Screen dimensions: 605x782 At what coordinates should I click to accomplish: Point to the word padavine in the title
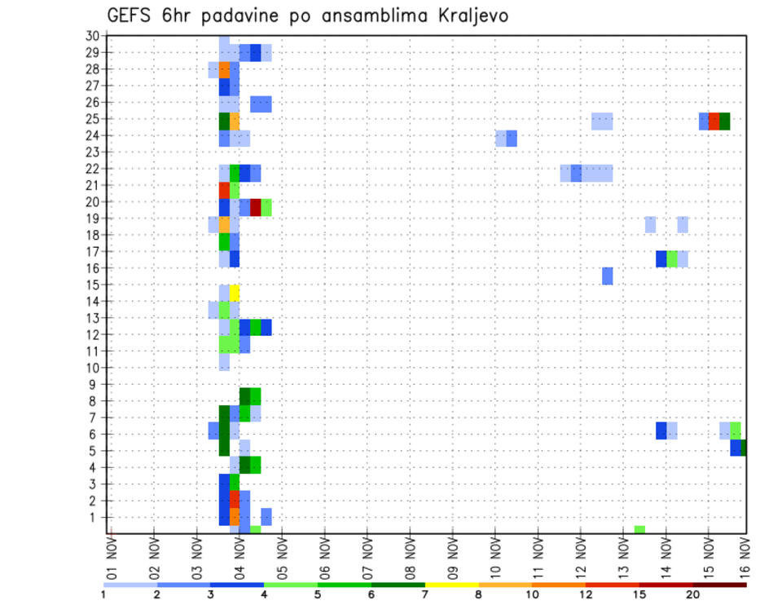(x=242, y=16)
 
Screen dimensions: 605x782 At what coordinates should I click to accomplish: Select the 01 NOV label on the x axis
(x=112, y=557)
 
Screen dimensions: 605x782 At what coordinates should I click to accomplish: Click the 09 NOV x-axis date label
(x=452, y=557)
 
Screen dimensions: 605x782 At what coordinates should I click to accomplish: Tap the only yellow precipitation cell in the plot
(x=235, y=293)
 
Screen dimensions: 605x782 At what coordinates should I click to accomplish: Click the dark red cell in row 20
(x=256, y=207)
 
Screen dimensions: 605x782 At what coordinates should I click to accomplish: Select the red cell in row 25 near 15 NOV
(x=714, y=121)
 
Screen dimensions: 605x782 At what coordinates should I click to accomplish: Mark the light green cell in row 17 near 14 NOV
(x=672, y=258)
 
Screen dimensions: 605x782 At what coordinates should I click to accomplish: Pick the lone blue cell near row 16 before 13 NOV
(x=608, y=276)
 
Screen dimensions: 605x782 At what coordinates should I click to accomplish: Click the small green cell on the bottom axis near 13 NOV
(x=639, y=530)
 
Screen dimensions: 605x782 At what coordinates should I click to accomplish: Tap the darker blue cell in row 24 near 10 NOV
(x=512, y=139)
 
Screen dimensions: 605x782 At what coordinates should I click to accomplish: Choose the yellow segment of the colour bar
(x=451, y=585)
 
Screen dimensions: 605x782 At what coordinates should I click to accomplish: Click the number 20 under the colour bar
(x=692, y=595)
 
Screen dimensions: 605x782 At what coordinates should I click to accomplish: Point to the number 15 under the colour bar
(x=639, y=595)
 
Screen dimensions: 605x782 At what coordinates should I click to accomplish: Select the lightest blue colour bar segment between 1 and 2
(x=130, y=585)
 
